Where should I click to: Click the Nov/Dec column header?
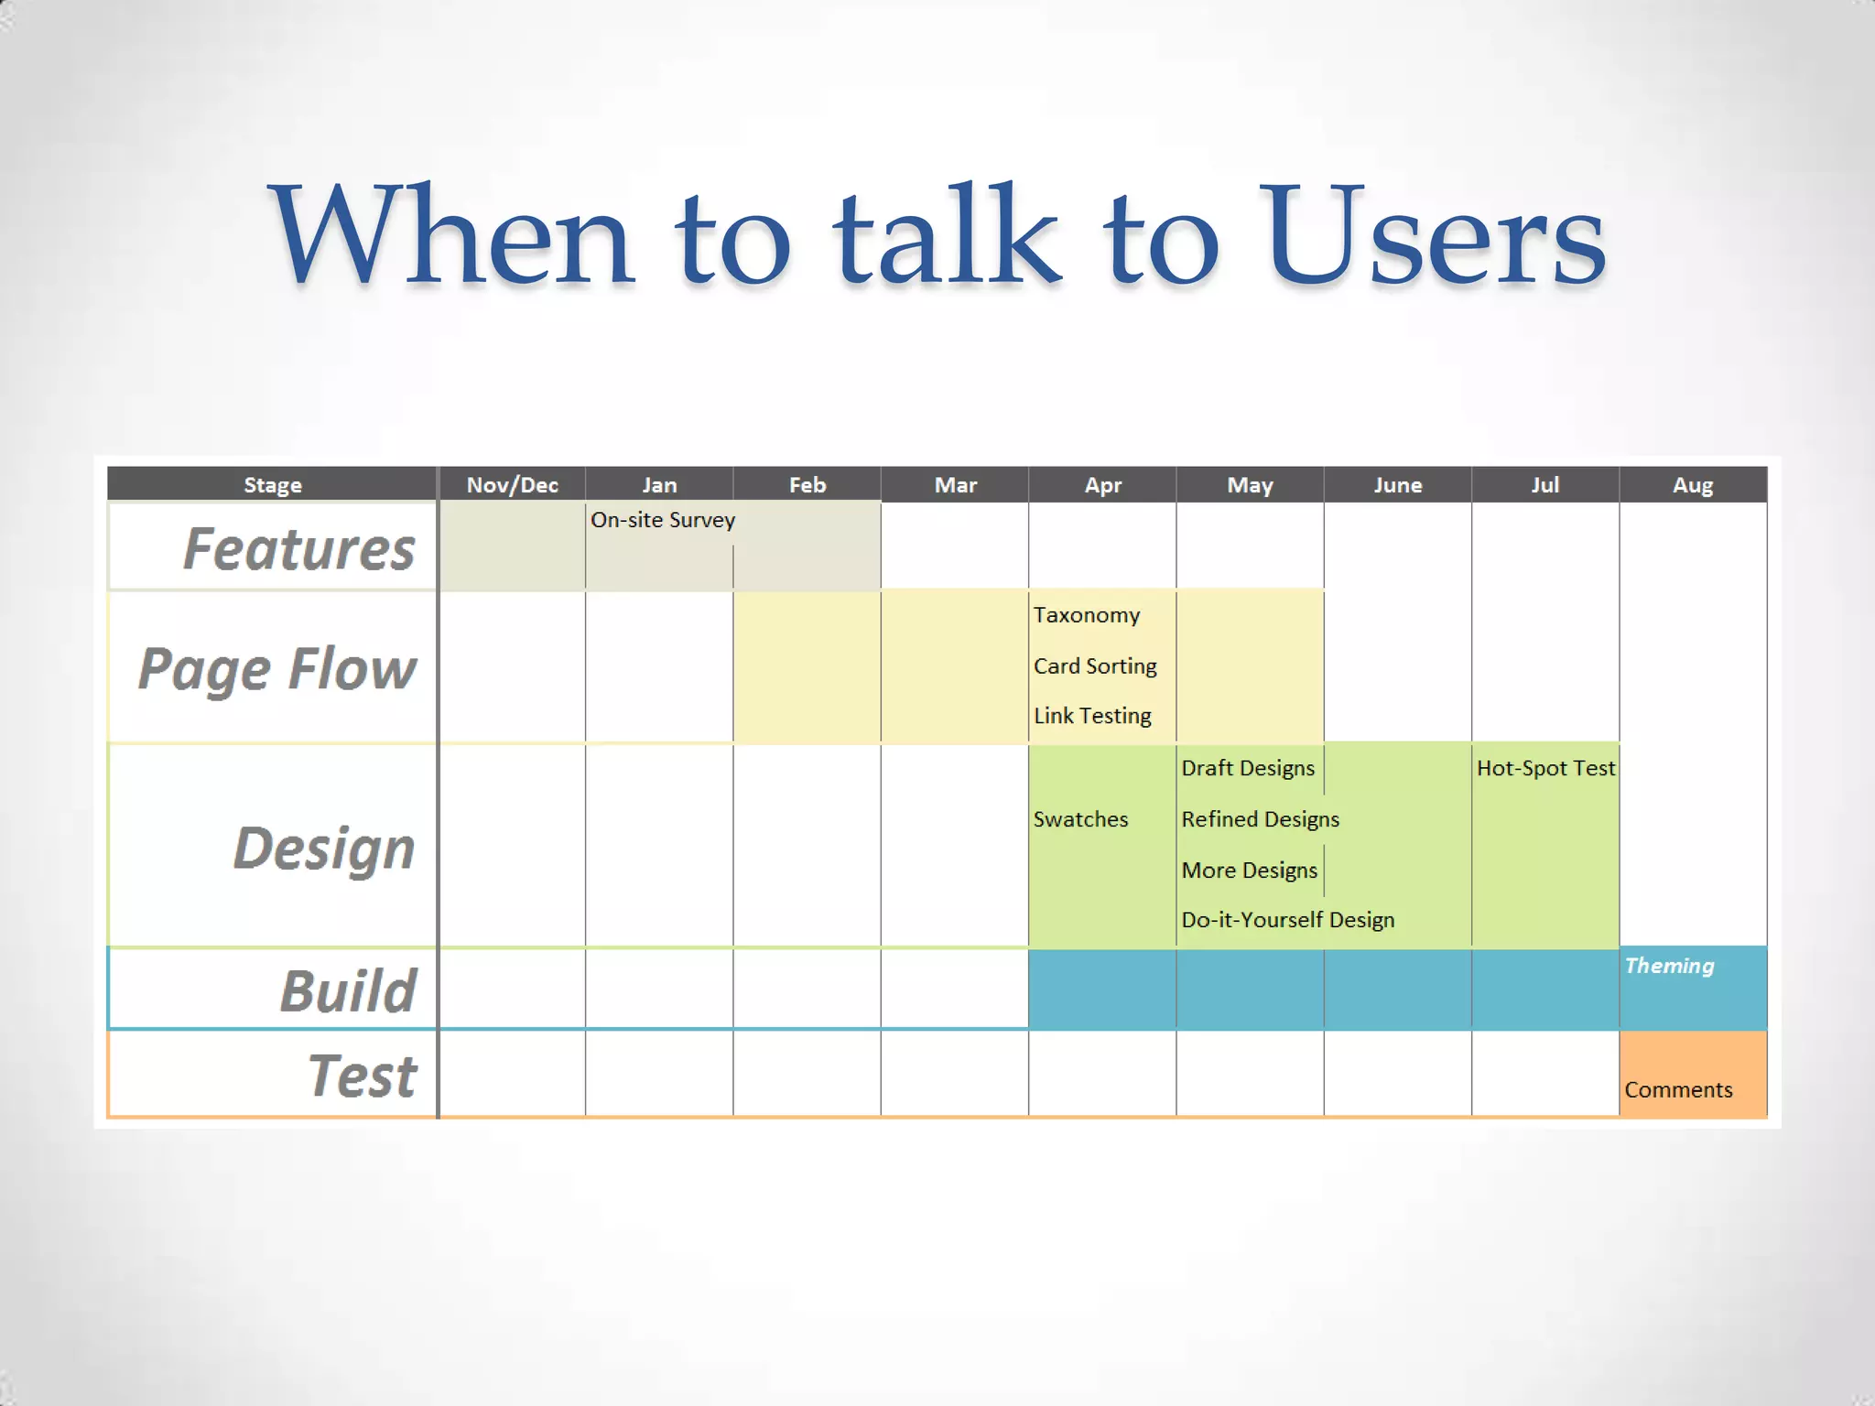pos(512,484)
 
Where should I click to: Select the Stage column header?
pos(272,484)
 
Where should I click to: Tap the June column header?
pos(1397,484)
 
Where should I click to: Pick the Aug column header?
pos(1692,484)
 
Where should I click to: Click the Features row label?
pos(298,548)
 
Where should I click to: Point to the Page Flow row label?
pos(277,669)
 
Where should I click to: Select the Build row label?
pos(348,990)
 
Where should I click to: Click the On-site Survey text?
pos(663,520)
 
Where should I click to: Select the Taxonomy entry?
pos(1087,615)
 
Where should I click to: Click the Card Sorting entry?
pos(1095,666)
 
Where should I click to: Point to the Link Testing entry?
pos(1092,716)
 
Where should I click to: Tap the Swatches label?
pos(1080,819)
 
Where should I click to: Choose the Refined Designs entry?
pos(1260,819)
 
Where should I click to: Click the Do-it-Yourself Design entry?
pos(1287,920)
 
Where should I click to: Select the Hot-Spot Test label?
pos(1545,768)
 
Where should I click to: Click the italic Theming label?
pos(1669,966)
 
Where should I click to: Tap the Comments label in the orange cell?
pos(1678,1090)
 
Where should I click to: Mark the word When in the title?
pos(450,236)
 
